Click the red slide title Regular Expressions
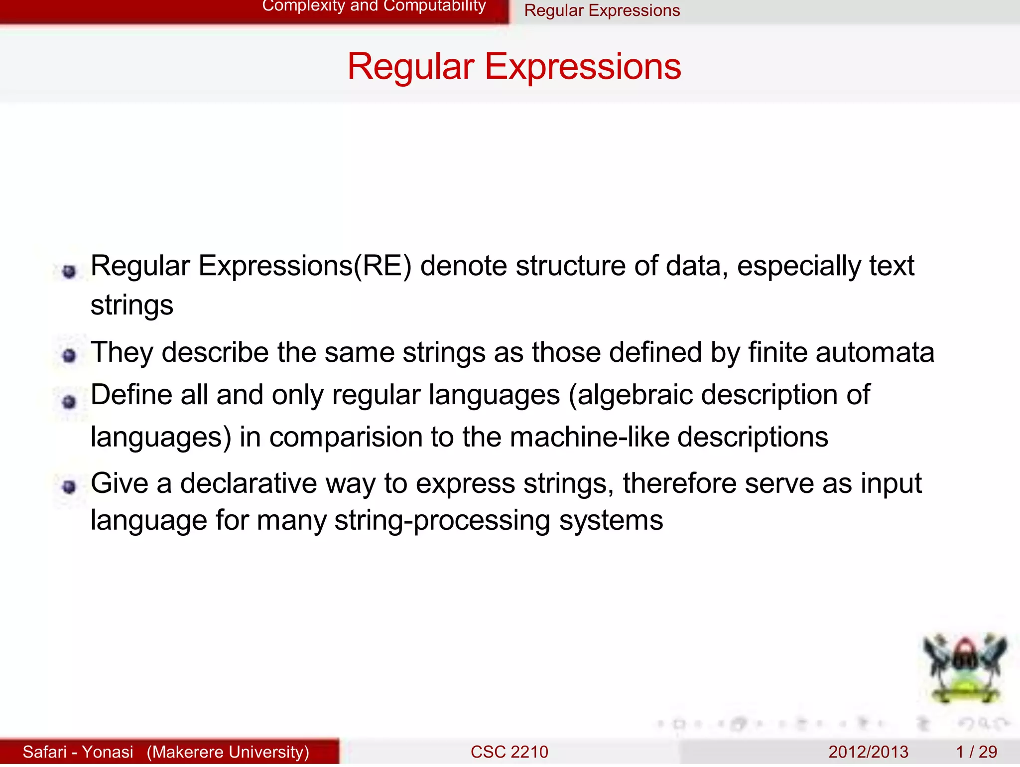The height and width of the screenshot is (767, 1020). coord(514,66)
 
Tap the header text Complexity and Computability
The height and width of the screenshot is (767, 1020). coord(374,6)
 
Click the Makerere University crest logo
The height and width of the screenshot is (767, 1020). coord(965,668)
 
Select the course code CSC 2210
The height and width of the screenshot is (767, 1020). coord(509,752)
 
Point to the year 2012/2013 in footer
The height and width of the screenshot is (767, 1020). coord(868,752)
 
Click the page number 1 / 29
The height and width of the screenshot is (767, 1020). coord(976,752)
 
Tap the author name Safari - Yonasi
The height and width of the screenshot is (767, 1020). coord(78,752)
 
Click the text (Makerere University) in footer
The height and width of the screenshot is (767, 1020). coord(228,752)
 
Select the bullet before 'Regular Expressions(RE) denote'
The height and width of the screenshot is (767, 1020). coord(69,271)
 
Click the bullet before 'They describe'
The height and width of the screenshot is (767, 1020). coord(69,355)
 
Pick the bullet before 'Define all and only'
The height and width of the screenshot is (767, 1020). coord(69,401)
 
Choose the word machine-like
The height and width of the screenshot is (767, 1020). coord(589,437)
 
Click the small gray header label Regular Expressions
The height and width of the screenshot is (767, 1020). coord(602,10)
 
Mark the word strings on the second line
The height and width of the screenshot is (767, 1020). coord(131,305)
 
